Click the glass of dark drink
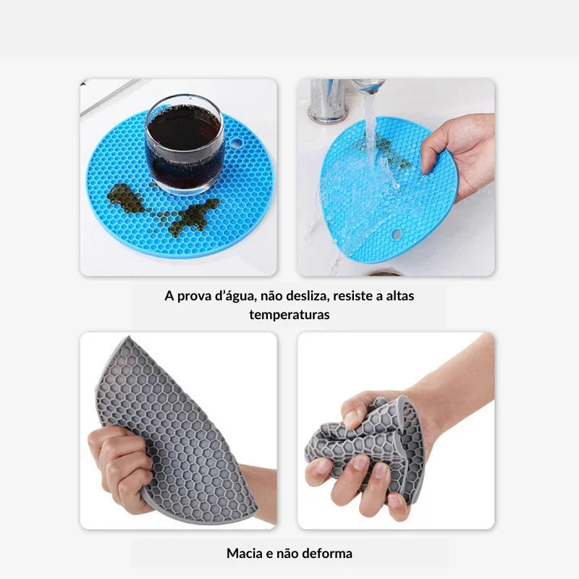184,144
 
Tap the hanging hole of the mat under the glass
237,143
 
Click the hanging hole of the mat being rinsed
396,234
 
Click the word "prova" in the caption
193,297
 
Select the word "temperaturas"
289,315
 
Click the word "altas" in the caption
400,296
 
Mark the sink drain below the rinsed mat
384,274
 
